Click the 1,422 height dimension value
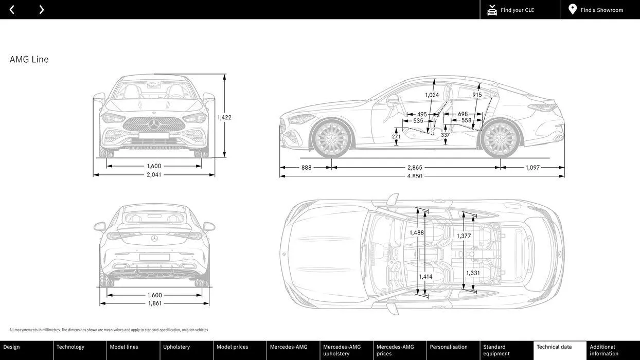[224, 117]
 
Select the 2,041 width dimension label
[154, 175]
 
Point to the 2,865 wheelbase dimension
[415, 168]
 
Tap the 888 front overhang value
[307, 168]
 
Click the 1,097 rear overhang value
[532, 168]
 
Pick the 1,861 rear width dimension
[154, 303]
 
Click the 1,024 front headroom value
[432, 95]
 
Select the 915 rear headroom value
[477, 95]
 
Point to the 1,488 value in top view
[417, 232]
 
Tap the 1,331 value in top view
[473, 273]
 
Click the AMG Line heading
[29, 60]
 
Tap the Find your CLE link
[517, 10]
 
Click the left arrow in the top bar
[12, 10]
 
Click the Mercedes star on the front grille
[154, 124]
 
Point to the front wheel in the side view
[332, 139]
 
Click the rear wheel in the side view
[500, 139]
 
